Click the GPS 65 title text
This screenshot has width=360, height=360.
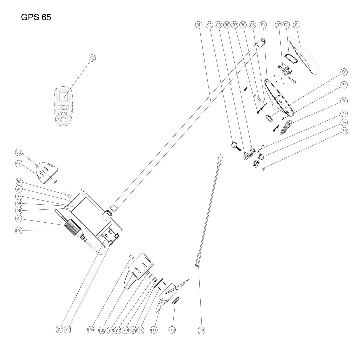pyautogui.click(x=36, y=17)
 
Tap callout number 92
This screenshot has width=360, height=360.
pyautogui.click(x=92, y=58)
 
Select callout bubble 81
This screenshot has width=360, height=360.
pyautogui.click(x=296, y=25)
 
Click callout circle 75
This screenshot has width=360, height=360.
pyautogui.click(x=344, y=131)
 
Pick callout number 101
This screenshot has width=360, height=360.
pyautogui.click(x=19, y=231)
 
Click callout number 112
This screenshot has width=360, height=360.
pyautogui.click(x=172, y=330)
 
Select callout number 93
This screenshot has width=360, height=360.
pyautogui.click(x=19, y=153)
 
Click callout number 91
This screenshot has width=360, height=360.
pyautogui.click(x=199, y=25)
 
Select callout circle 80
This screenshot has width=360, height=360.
pyautogui.click(x=344, y=72)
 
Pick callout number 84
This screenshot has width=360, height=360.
pyautogui.click(x=263, y=25)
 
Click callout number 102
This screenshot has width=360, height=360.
pyautogui.click(x=59, y=329)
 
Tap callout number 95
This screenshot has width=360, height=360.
pyautogui.click(x=19, y=182)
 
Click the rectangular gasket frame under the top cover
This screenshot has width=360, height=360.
pyautogui.click(x=292, y=59)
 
